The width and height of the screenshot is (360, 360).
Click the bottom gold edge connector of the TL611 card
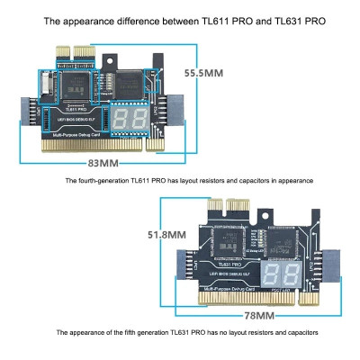click(99, 144)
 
